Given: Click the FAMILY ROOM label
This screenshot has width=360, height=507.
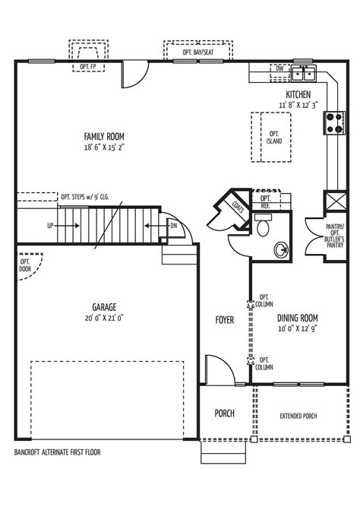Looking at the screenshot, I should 105,137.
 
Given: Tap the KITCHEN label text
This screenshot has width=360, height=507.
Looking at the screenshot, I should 298,94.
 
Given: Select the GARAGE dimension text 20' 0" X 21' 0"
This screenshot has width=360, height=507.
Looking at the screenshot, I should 104,318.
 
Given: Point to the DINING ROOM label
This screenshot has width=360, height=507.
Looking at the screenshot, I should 297,318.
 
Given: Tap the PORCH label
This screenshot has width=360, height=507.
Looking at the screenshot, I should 224,414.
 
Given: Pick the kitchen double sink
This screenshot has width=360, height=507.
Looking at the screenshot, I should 305,73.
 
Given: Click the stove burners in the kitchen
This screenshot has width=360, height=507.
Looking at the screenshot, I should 334,122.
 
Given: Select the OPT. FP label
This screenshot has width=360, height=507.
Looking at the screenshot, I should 87,67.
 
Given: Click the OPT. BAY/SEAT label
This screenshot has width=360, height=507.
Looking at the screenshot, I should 197,53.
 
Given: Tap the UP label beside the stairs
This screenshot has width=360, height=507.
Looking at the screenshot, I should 50,226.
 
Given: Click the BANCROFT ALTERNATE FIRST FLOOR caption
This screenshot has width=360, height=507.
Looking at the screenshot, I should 57,452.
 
